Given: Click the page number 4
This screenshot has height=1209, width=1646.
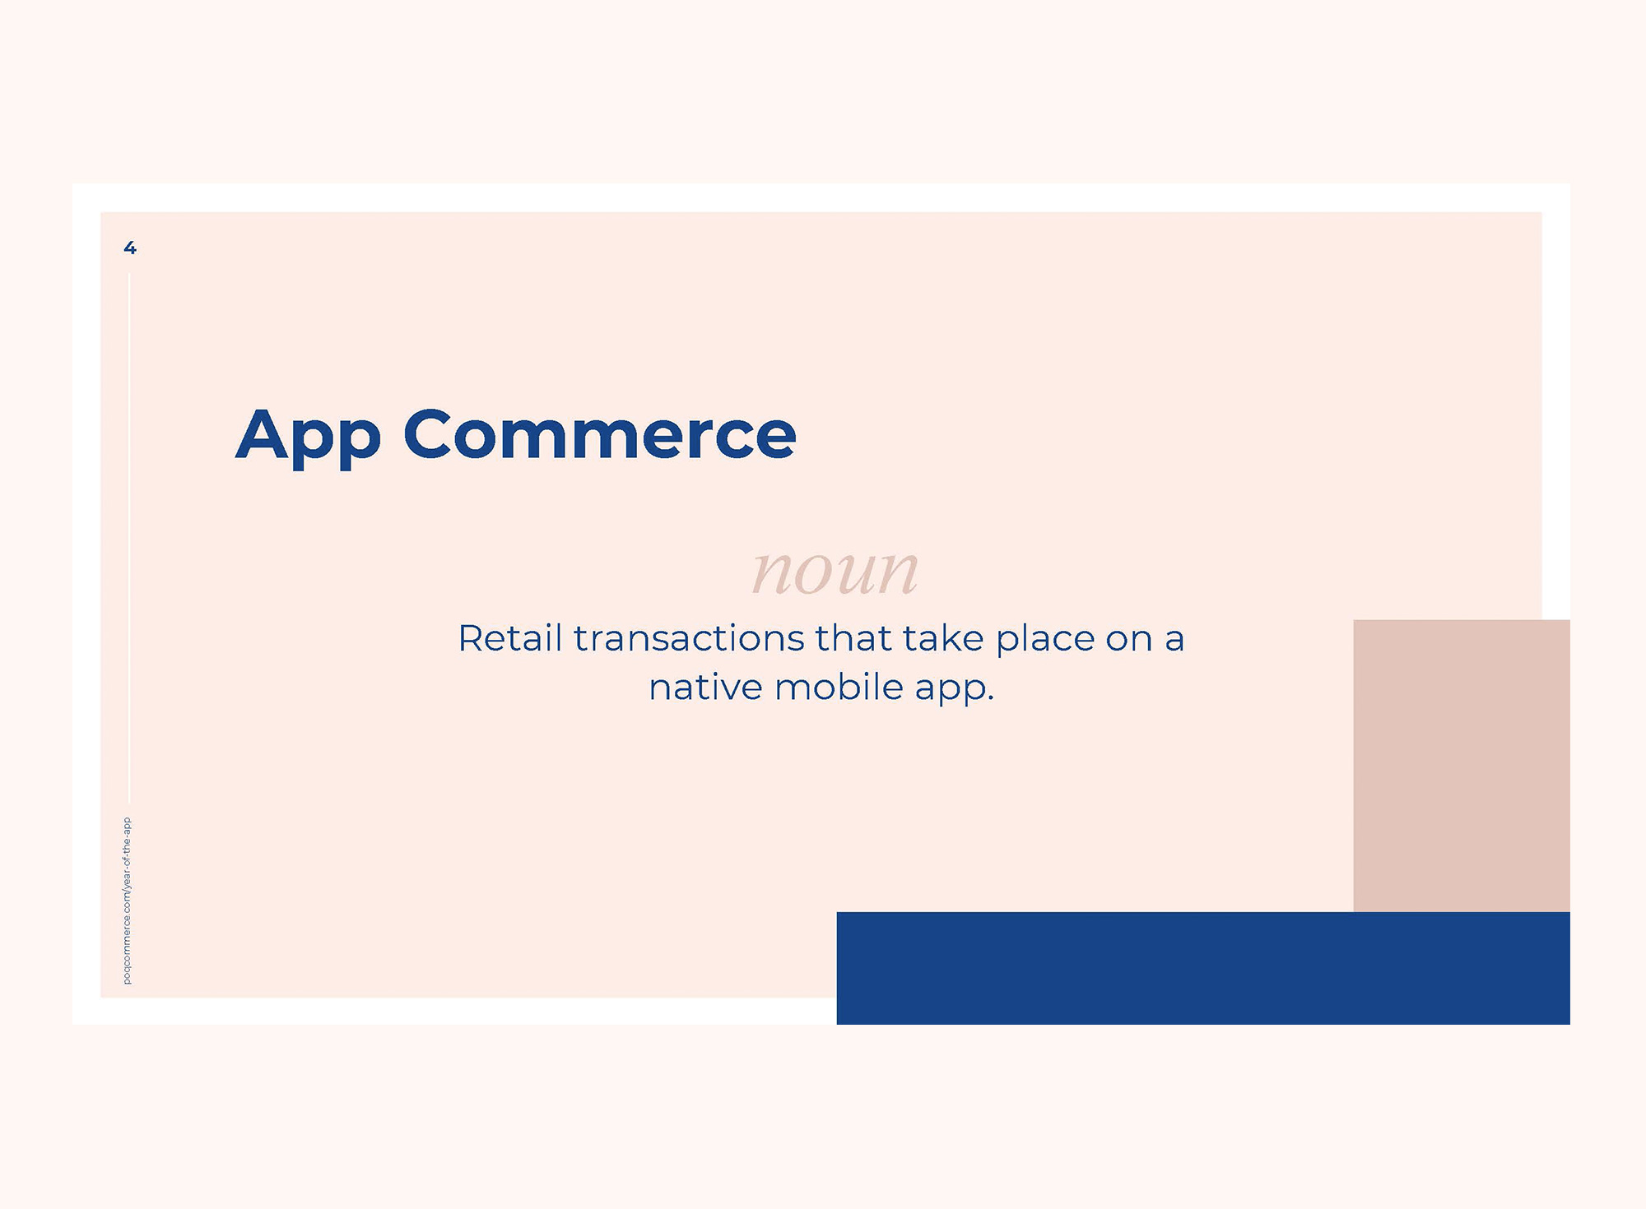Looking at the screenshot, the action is tap(130, 248).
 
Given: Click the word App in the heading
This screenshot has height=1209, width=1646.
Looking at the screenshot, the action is tap(309, 436).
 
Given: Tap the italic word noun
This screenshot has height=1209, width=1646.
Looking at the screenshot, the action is tap(835, 572).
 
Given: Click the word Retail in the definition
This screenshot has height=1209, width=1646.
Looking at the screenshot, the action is tap(510, 638).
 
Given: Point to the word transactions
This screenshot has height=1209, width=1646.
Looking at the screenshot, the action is tap(689, 639).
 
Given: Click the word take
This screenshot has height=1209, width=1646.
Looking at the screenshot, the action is tap(943, 638).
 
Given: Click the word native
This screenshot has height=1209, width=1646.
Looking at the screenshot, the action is tap(705, 688).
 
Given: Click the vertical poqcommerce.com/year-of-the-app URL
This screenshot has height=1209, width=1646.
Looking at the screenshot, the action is tap(127, 901).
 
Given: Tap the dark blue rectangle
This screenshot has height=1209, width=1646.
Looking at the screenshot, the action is tap(1203, 968).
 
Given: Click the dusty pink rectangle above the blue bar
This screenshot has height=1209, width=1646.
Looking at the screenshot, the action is tap(1462, 766).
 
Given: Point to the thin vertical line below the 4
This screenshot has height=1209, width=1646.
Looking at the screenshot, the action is tap(129, 538).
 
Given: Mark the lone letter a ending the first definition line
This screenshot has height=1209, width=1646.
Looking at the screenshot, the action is tap(1174, 642).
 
